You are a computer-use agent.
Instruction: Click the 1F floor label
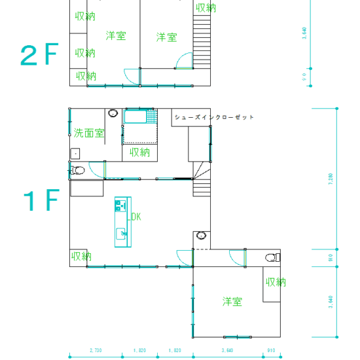click(x=41, y=201)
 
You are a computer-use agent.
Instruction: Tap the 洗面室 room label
click(x=88, y=133)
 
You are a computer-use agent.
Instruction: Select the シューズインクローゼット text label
click(x=213, y=117)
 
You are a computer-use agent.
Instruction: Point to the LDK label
click(x=134, y=217)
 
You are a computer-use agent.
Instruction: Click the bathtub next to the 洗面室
click(x=137, y=118)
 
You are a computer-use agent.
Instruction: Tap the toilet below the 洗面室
click(x=79, y=171)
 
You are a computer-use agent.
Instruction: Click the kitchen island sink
click(x=121, y=232)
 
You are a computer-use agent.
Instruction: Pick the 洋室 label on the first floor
click(x=232, y=302)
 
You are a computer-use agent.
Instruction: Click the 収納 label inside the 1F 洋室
click(x=276, y=282)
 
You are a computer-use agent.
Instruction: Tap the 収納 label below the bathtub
click(x=139, y=153)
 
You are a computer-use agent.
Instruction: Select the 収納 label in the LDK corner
click(x=81, y=256)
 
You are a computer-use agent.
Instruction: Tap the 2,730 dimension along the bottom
click(x=96, y=350)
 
